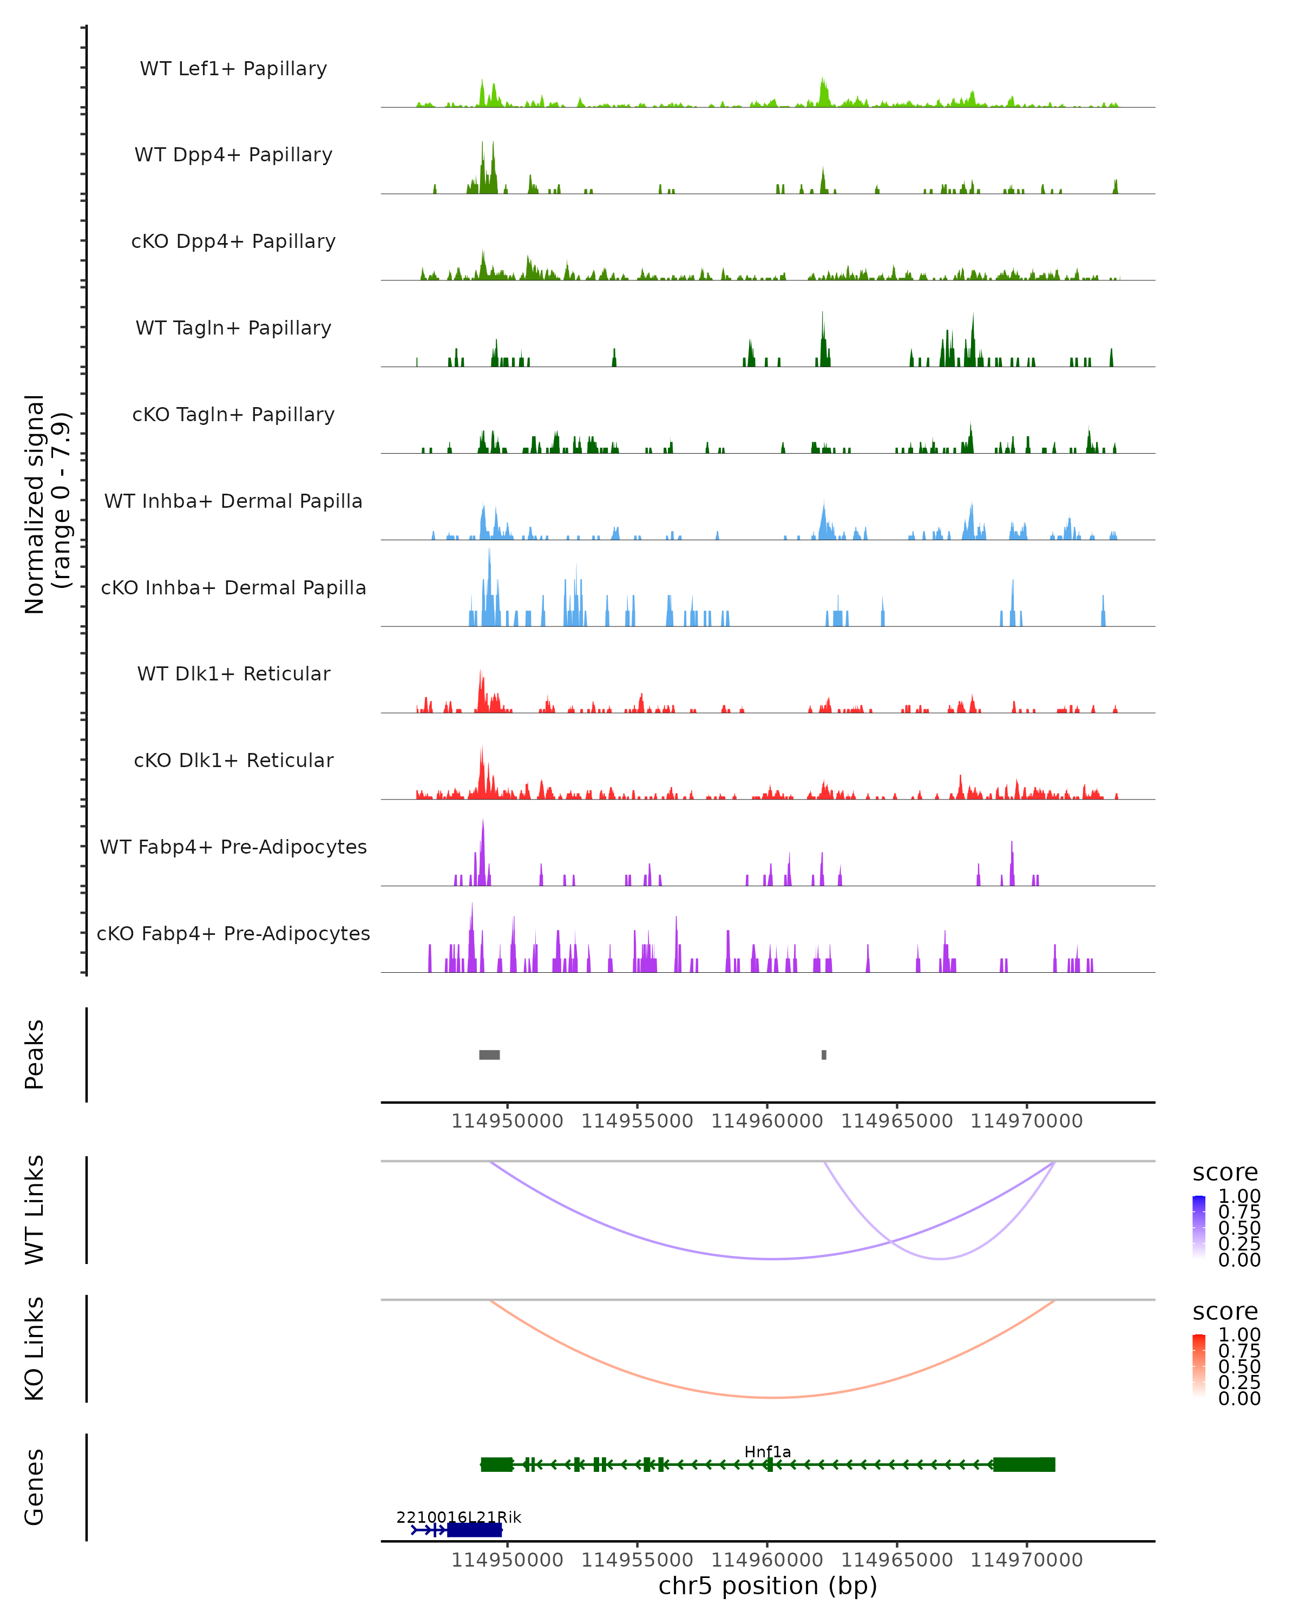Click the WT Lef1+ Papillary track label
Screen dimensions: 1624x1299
tap(233, 69)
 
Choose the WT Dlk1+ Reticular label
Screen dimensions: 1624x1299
tap(233, 674)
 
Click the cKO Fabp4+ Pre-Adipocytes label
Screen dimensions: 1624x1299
tap(233, 934)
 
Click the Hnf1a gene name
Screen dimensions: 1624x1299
tap(767, 1452)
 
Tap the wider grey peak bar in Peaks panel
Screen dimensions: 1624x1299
tap(489, 1055)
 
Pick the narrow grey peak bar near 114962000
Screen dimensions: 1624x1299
tap(824, 1055)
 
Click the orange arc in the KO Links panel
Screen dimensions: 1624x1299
tap(771, 1397)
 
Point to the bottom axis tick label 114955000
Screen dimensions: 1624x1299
tap(637, 1560)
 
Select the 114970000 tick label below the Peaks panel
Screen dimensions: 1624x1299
tap(1026, 1121)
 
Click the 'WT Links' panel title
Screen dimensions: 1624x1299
tap(35, 1210)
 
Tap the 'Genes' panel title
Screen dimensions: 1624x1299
tap(35, 1487)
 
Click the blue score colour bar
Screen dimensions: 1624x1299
tap(1199, 1226)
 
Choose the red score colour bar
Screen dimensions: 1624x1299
tap(1199, 1365)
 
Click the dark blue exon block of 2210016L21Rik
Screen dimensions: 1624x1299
tap(475, 1530)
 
